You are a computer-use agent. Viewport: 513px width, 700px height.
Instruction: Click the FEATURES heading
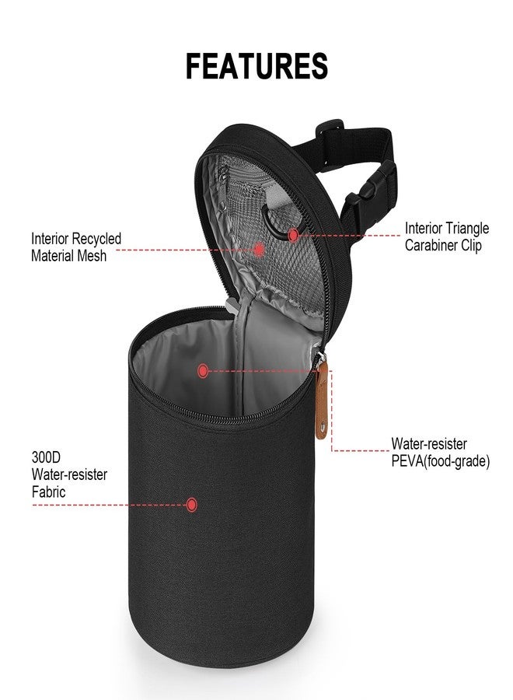256,66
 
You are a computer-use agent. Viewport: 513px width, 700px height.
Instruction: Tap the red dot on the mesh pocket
260,250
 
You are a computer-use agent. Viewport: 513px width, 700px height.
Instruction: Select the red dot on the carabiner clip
294,234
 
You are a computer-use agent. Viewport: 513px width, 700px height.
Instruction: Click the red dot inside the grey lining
203,371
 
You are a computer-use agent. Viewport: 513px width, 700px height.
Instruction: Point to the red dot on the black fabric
191,505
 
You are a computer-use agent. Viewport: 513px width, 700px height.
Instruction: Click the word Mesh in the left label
90,255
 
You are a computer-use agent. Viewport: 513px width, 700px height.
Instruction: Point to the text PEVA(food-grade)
440,461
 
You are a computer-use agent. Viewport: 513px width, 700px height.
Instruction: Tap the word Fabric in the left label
48,492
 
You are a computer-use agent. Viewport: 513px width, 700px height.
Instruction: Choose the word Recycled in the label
97,239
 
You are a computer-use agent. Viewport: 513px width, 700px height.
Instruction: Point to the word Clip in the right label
471,246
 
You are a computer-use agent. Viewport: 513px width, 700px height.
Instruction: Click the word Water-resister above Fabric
70,474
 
